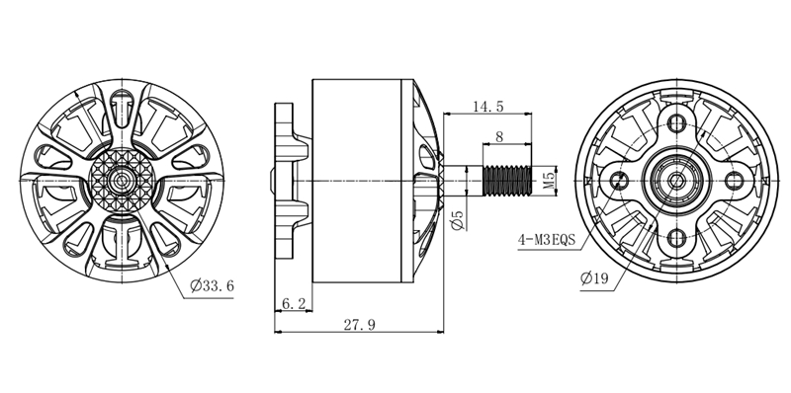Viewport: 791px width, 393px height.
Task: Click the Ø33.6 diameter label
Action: click(x=212, y=286)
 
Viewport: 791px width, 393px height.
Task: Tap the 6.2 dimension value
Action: click(x=293, y=303)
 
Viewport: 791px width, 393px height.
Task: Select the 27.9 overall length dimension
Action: click(x=359, y=325)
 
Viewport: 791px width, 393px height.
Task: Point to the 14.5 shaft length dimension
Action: click(x=487, y=107)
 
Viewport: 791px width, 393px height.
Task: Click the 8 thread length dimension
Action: click(x=499, y=136)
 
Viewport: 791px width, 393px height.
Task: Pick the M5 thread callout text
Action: click(x=549, y=181)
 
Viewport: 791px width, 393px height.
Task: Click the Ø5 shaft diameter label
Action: click(x=458, y=220)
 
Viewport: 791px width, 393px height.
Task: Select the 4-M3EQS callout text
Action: click(x=547, y=239)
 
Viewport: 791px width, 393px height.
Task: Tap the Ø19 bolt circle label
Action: click(x=594, y=278)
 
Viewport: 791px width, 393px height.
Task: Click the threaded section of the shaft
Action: click(x=507, y=181)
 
